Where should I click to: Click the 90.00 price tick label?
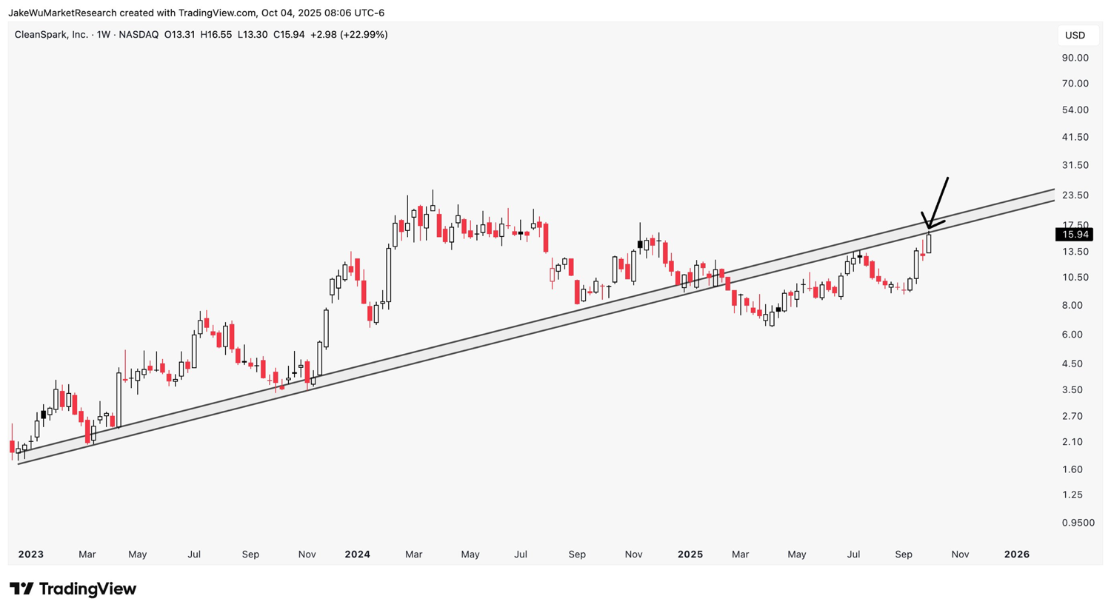(1075, 58)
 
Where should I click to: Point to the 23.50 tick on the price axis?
(1075, 195)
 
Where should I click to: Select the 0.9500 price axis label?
(1078, 523)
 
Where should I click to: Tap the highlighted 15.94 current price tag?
(1075, 235)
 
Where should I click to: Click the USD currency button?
(1075, 36)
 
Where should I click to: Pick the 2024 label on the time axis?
(358, 555)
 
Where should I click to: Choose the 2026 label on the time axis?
(1016, 555)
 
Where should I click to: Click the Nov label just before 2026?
(960, 555)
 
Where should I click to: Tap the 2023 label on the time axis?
(31, 555)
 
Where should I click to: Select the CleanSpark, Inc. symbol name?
(51, 35)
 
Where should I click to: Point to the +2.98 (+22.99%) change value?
(349, 35)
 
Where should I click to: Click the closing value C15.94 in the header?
(289, 35)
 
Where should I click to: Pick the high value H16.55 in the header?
(216, 35)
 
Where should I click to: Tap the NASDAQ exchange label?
(139, 35)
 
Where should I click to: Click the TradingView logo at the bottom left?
(73, 589)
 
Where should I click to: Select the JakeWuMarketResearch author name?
(62, 13)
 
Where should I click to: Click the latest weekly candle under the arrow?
(929, 244)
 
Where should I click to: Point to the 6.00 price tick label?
(1072, 335)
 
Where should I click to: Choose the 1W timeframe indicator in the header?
(104, 35)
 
